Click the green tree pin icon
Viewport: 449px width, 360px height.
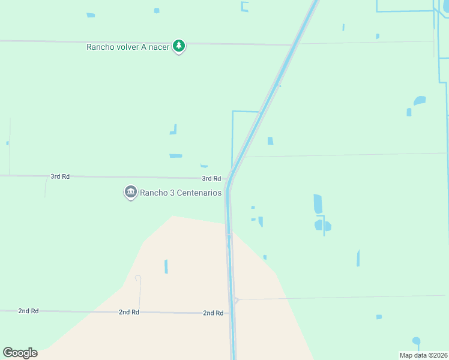[178, 46]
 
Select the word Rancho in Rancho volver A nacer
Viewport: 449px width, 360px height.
[100, 47]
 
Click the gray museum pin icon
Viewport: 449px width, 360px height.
[130, 193]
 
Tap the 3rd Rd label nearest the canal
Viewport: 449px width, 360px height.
[211, 179]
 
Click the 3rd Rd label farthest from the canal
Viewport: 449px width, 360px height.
[60, 176]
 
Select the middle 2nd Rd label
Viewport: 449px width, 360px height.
[128, 312]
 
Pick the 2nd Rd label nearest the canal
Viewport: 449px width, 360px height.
[213, 313]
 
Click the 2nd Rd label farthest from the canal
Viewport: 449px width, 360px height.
[28, 311]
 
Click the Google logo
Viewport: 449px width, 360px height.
[20, 353]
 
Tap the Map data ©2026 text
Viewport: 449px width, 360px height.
[423, 355]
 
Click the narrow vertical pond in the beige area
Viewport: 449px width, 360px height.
[166, 266]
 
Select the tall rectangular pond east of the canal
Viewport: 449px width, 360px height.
[318, 204]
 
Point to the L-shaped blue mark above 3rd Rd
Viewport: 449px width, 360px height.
[173, 130]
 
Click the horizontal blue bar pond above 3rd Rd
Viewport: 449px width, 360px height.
[176, 156]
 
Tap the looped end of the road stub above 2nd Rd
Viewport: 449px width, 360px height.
[137, 278]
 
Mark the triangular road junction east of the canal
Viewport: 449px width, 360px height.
[237, 300]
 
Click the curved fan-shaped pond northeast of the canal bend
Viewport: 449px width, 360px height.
[420, 100]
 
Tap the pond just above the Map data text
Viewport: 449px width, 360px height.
[416, 341]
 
